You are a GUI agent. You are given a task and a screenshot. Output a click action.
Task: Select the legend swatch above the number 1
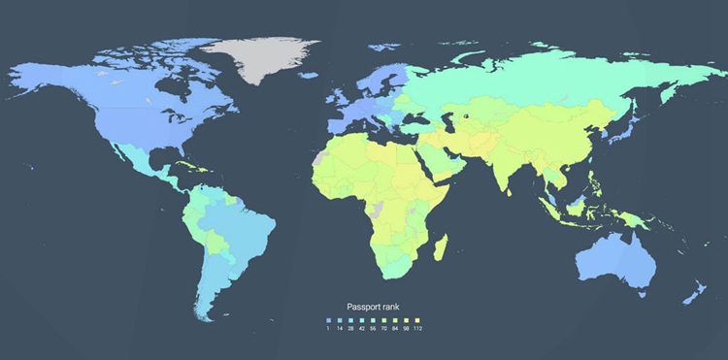329,319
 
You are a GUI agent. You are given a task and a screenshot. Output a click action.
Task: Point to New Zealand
693,292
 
